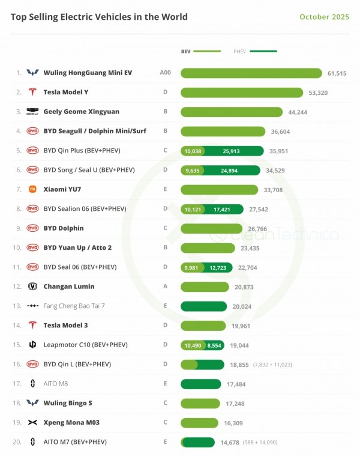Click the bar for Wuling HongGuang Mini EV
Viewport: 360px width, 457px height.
coord(251,73)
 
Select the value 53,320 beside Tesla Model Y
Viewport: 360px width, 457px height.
coord(318,92)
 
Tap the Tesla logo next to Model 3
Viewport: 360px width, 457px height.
coord(32,325)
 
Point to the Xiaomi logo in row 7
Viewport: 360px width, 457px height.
coord(32,190)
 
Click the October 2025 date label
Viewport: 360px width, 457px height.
coord(323,17)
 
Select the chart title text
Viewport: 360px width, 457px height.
coord(99,17)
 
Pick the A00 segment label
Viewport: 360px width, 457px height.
coord(165,73)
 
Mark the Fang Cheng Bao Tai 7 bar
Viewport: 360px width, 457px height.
coord(205,306)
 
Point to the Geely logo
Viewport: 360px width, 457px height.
coord(32,112)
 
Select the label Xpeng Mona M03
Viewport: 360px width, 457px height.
coord(71,423)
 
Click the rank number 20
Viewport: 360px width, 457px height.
coord(17,442)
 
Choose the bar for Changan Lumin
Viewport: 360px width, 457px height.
coord(205,287)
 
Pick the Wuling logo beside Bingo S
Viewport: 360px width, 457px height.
coord(32,403)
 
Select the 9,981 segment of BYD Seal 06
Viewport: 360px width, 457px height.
coord(193,267)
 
